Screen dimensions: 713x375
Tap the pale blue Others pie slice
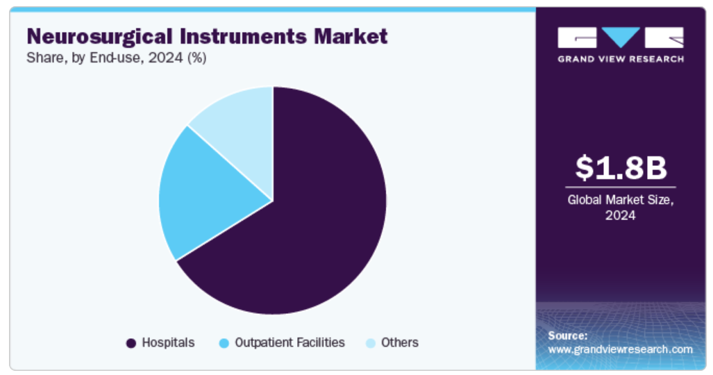[x=241, y=123]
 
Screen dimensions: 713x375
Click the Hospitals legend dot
[x=131, y=343]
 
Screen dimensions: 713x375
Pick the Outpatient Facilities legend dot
[x=224, y=343]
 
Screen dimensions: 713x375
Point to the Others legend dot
[x=371, y=343]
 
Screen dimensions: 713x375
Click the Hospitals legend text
[x=168, y=342]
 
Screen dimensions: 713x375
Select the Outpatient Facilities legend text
[x=290, y=342]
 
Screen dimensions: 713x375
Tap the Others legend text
[x=400, y=342]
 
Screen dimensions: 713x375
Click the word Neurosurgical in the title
[x=99, y=37]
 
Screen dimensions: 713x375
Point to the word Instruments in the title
[x=243, y=36]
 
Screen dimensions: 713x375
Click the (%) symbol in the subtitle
[x=197, y=58]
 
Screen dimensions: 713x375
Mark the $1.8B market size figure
[x=621, y=167]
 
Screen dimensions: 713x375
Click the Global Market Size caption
[x=621, y=207]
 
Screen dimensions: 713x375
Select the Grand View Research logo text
[x=621, y=59]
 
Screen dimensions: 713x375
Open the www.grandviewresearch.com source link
[x=620, y=349]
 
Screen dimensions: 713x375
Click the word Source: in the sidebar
[x=567, y=336]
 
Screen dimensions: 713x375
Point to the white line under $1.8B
[x=621, y=187]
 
